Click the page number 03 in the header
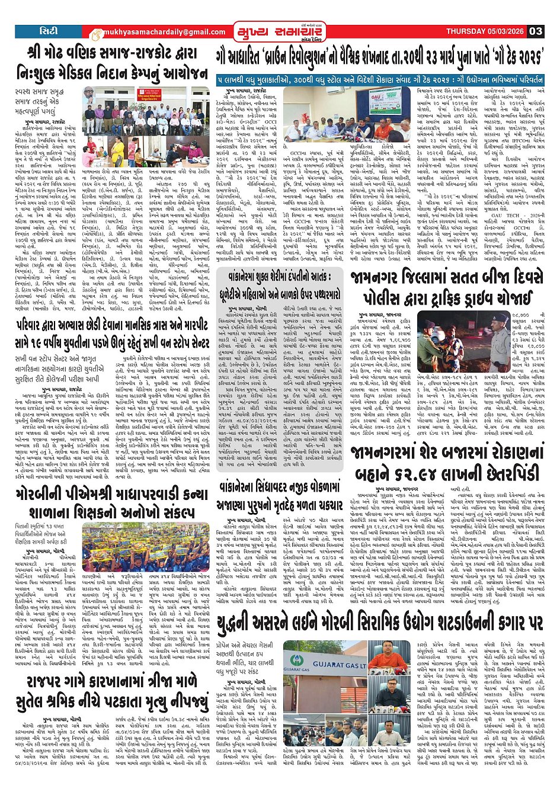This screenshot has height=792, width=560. [535, 31]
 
